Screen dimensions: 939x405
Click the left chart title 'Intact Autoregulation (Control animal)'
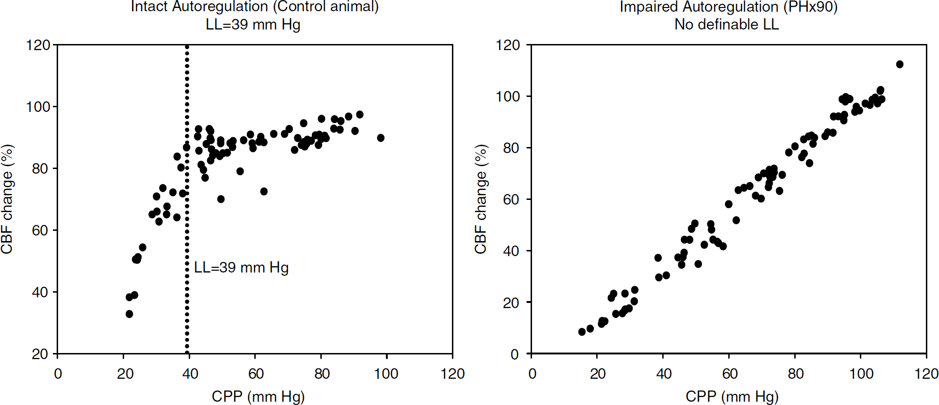[255, 7]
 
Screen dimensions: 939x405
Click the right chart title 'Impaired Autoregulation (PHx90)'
[729, 7]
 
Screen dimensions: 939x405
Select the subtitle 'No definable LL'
[726, 24]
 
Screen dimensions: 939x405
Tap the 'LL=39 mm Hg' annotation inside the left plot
[241, 267]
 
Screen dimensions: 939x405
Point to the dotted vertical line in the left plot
[187, 199]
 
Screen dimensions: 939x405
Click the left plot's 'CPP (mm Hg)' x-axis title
[258, 397]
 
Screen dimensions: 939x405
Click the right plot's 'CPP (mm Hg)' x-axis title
[732, 397]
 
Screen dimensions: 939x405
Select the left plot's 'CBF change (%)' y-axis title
[7, 199]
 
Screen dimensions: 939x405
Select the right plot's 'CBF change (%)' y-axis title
[481, 199]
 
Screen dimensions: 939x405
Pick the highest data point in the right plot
[900, 64]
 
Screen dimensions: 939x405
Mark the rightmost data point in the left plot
[381, 138]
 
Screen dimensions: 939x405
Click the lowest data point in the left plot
[129, 314]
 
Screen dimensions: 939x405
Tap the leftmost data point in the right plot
[582, 331]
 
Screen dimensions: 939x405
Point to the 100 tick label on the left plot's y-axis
[38, 107]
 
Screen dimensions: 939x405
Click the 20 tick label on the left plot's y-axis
[40, 354]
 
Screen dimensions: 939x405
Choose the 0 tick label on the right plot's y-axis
[515, 354]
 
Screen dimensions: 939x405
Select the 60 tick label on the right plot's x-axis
[730, 374]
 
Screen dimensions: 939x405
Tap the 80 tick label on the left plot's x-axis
[322, 374]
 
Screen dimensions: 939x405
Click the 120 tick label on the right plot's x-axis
[926, 374]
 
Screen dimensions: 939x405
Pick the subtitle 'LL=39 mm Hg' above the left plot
[253, 24]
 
